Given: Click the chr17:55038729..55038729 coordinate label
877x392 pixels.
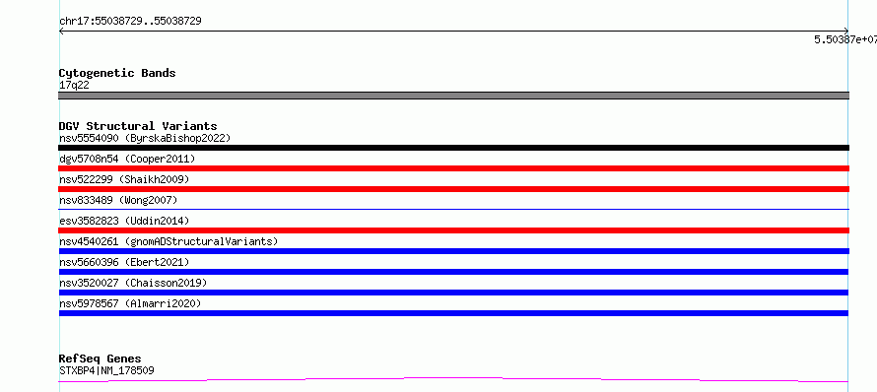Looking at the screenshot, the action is (130, 22).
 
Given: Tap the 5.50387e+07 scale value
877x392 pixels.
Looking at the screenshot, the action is (845, 39).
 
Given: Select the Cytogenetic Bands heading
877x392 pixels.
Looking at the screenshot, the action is (117, 73).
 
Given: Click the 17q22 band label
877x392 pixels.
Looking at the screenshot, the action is (74, 86).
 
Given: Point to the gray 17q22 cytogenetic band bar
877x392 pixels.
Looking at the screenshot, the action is (453, 96).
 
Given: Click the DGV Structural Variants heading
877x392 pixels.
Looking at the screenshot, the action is (138, 126).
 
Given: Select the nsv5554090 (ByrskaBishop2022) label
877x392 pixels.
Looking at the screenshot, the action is (145, 138).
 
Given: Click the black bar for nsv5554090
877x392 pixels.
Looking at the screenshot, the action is (453, 148).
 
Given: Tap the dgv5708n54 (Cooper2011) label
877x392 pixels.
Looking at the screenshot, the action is (127, 159).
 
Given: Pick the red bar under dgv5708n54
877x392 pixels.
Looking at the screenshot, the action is (453, 168).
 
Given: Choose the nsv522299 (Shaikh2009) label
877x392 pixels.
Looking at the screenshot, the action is (124, 179).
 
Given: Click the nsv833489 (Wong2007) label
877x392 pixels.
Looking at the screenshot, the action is (118, 200).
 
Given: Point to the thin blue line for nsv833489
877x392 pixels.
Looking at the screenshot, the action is (453, 209).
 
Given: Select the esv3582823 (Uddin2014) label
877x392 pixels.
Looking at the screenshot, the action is (124, 221).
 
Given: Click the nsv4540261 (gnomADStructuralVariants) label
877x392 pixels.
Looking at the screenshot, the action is (169, 241).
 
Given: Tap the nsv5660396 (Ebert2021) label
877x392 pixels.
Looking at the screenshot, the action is (124, 262).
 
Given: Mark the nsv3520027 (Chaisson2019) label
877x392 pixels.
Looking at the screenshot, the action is (133, 283).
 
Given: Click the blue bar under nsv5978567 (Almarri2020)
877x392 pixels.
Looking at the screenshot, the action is (453, 313).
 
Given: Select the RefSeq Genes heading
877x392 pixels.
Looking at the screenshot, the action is (101, 359).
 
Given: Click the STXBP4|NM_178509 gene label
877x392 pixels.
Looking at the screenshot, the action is (106, 370).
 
